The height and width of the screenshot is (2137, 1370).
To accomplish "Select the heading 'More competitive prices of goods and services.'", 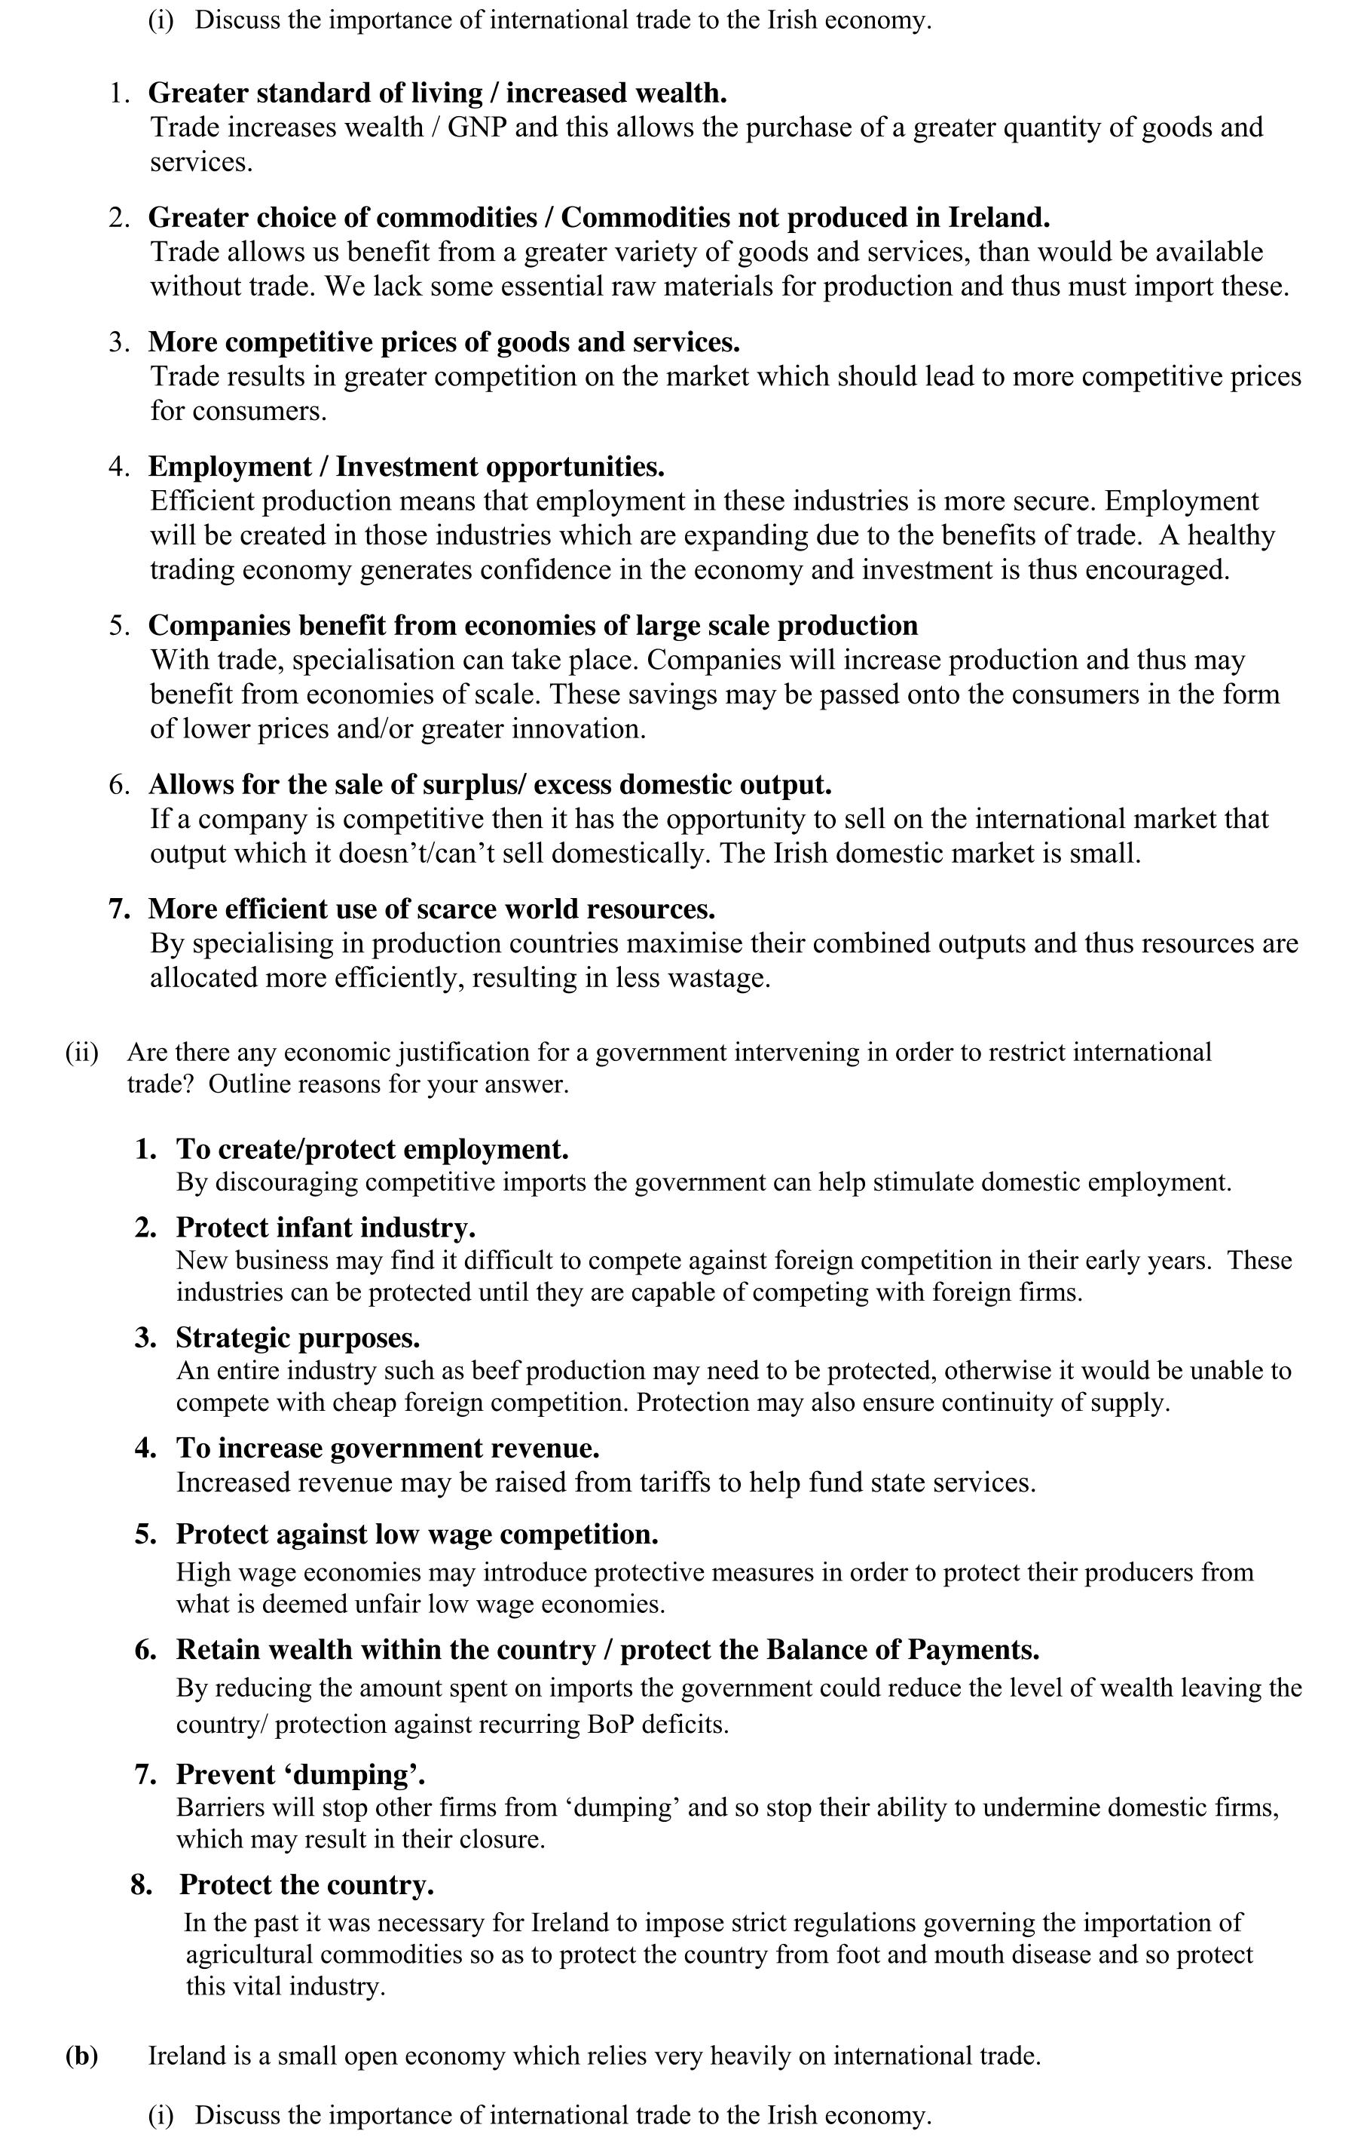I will tap(443, 342).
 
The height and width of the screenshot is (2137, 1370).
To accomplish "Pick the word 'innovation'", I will tap(576, 729).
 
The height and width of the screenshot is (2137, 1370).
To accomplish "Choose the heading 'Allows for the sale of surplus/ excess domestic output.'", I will tap(489, 784).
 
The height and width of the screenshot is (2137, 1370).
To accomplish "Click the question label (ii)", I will tap(81, 1052).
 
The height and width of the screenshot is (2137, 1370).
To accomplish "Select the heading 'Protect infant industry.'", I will tap(326, 1228).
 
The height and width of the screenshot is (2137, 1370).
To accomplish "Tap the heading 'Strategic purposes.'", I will tap(298, 1338).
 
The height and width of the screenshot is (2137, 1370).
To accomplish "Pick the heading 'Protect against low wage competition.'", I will tap(417, 1535).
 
